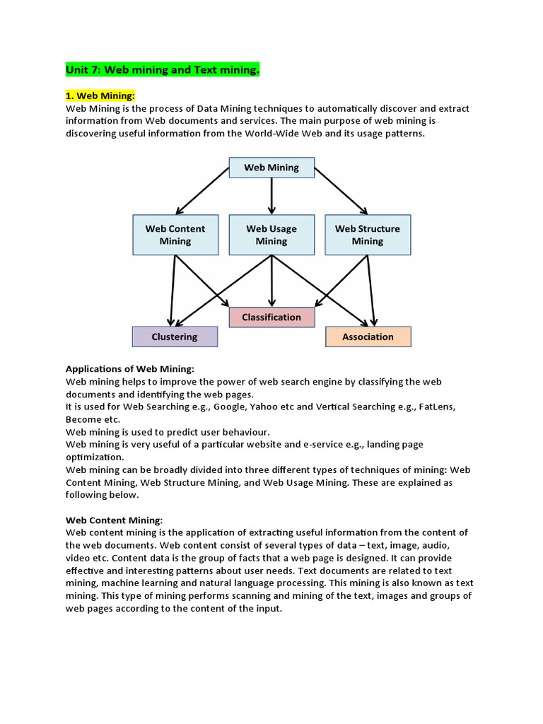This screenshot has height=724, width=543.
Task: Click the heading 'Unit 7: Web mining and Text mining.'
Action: coord(163,70)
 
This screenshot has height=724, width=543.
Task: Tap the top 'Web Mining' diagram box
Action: coord(271,168)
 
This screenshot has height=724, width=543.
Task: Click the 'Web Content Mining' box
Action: coord(175,235)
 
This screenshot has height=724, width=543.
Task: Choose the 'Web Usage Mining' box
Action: coord(271,235)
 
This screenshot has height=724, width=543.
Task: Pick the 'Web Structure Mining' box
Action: coord(367,235)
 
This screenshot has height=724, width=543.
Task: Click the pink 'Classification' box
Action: coord(271,317)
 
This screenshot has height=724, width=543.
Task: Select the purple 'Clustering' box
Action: coord(175,337)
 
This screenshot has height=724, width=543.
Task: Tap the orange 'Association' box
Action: coord(368,337)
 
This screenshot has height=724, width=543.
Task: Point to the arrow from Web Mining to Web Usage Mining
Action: coord(271,197)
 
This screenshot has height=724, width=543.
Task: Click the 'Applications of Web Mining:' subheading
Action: coord(129,368)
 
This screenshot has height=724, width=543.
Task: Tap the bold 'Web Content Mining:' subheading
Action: coord(115,520)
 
